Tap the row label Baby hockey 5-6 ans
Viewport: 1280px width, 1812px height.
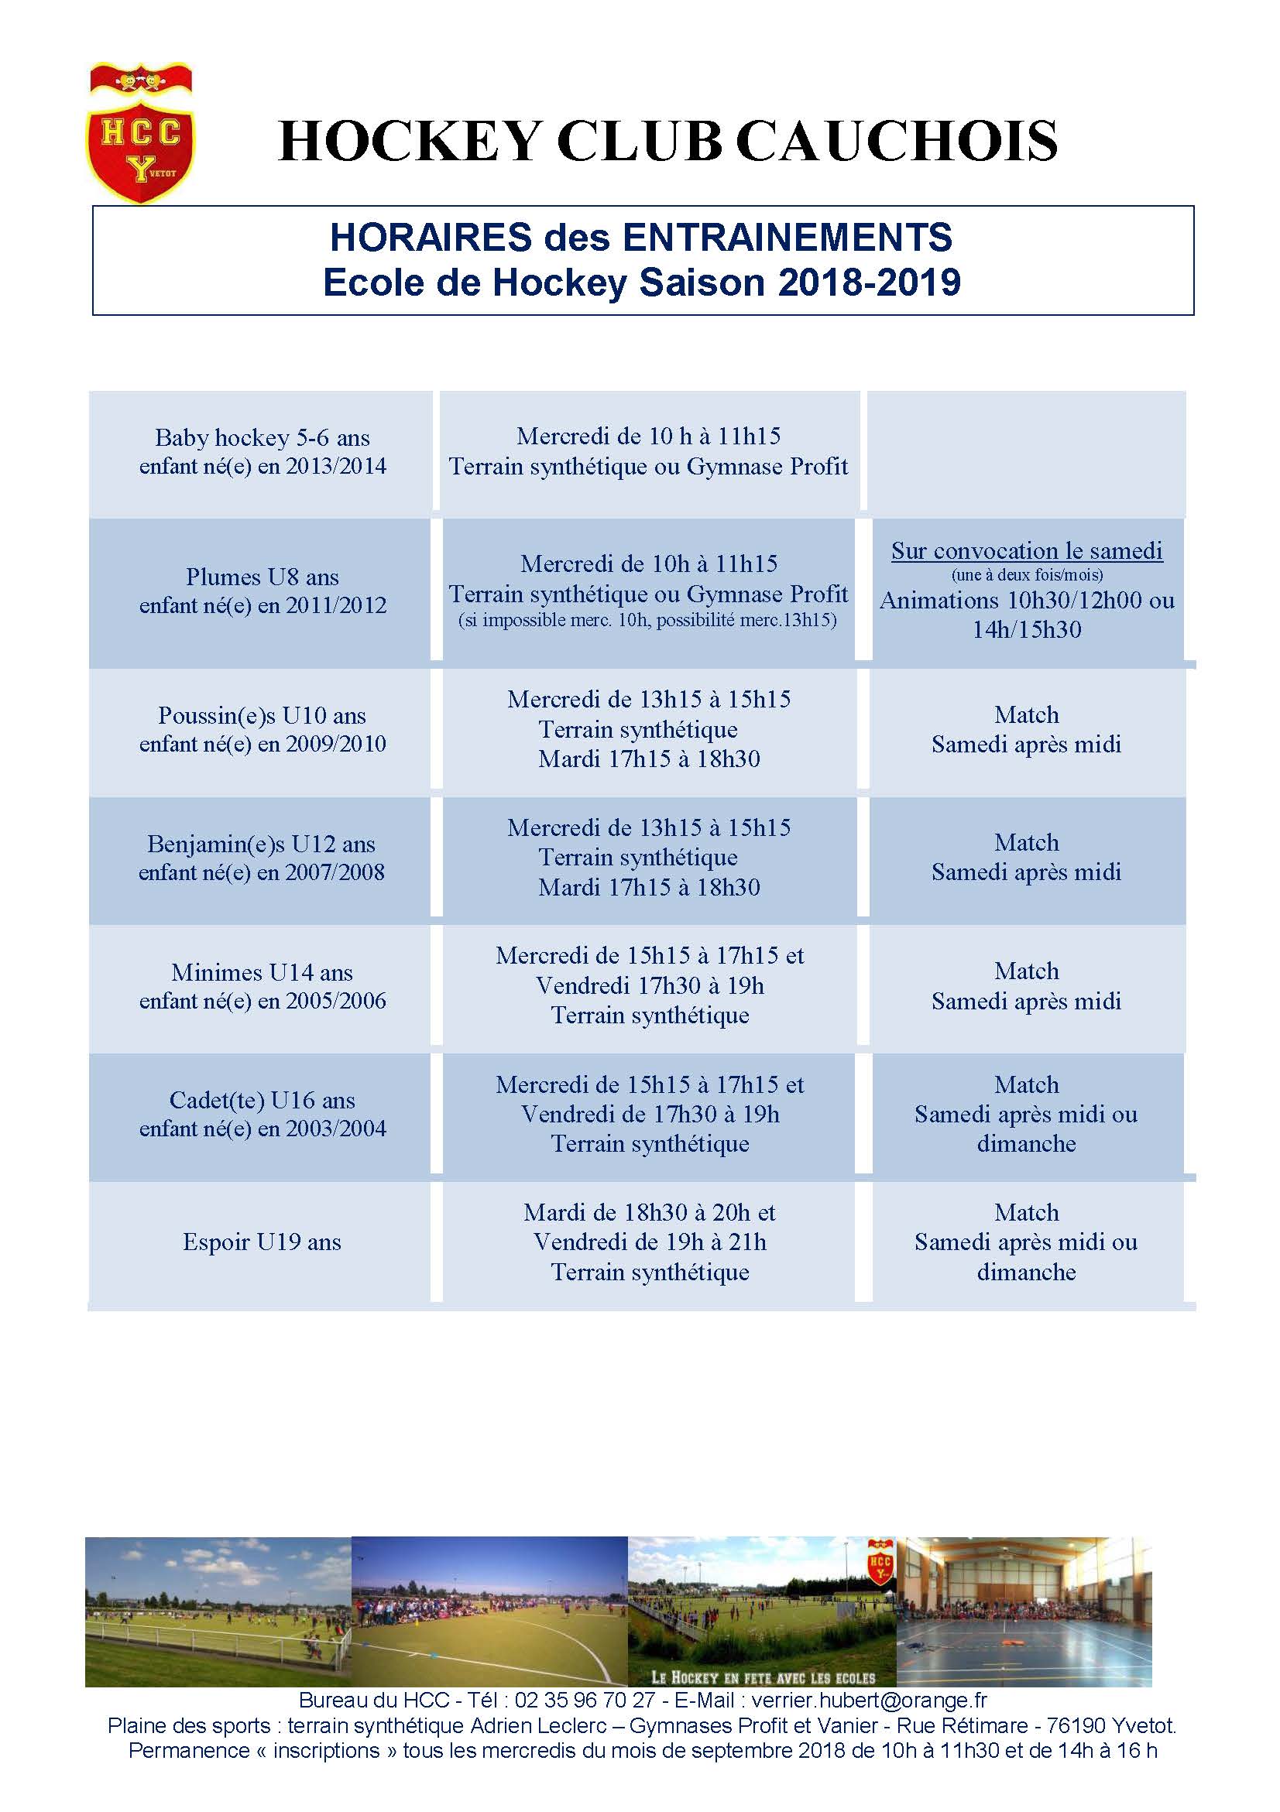point(263,437)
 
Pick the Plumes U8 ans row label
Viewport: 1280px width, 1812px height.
point(263,577)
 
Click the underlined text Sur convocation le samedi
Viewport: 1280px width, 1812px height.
point(1027,551)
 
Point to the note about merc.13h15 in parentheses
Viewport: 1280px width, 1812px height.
point(647,620)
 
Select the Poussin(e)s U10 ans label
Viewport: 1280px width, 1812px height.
point(263,716)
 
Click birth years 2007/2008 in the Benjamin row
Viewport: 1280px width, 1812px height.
point(335,873)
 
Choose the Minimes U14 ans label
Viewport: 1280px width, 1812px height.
point(263,972)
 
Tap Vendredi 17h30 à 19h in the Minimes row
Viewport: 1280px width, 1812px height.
point(650,985)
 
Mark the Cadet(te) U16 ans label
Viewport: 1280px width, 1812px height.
point(263,1100)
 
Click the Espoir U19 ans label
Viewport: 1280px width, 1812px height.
point(263,1242)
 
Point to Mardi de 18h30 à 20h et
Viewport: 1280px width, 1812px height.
point(649,1212)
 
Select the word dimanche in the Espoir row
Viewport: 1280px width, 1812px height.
point(1027,1273)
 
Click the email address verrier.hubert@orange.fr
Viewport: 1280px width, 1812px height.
point(869,1700)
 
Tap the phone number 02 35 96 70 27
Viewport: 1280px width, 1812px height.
point(585,1700)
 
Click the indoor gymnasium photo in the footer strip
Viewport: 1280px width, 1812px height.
point(1024,1612)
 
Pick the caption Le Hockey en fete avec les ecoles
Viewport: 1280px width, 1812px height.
point(763,1678)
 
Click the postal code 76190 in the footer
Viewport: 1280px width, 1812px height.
point(1075,1726)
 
